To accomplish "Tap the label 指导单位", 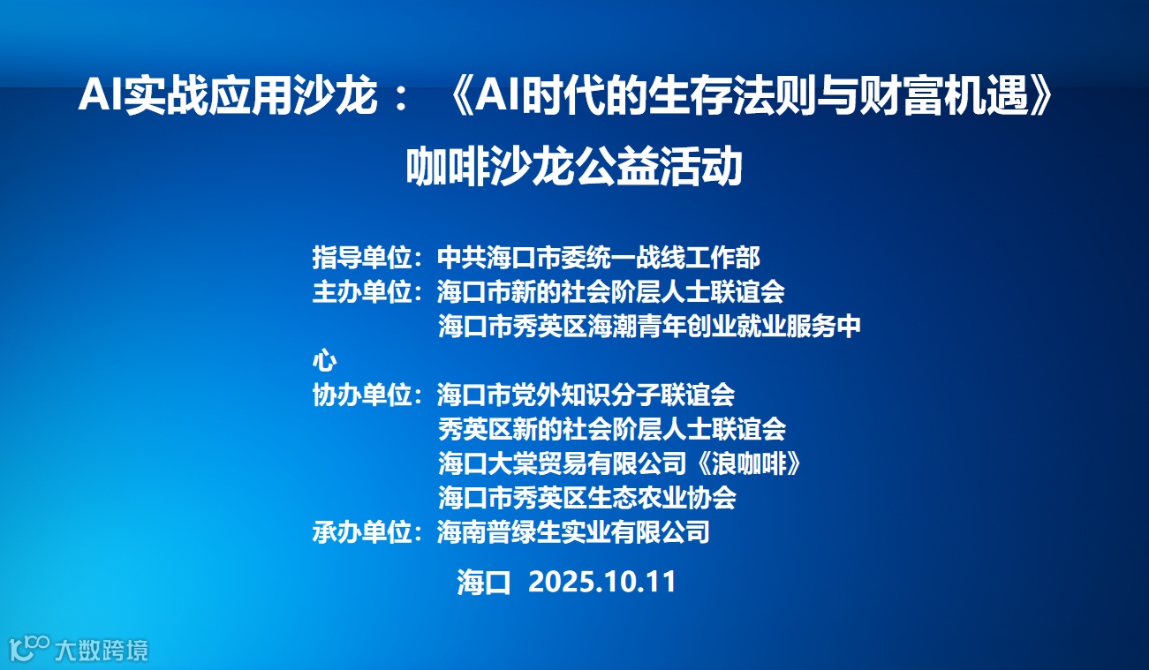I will pyautogui.click(x=362, y=258).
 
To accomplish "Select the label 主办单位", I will pyautogui.click(x=362, y=291).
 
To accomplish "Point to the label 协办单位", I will pyautogui.click(x=362, y=395).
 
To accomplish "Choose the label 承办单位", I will pyautogui.click(x=362, y=532).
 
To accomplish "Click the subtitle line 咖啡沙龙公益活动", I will pyautogui.click(x=574, y=168).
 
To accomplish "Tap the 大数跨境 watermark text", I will pyautogui.click(x=101, y=651).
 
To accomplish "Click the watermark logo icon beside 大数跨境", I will pyautogui.click(x=28, y=649).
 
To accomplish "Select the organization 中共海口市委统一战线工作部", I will pyautogui.click(x=599, y=258).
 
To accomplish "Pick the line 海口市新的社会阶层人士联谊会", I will pyautogui.click(x=610, y=291).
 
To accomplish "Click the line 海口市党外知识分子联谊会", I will pyautogui.click(x=586, y=395).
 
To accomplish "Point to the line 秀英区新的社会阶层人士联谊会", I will pyautogui.click(x=611, y=429).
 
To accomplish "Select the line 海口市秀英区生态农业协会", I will pyautogui.click(x=586, y=498).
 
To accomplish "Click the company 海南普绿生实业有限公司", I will pyautogui.click(x=573, y=532).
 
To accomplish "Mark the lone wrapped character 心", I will pyautogui.click(x=324, y=361).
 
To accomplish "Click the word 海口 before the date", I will pyautogui.click(x=484, y=582).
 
